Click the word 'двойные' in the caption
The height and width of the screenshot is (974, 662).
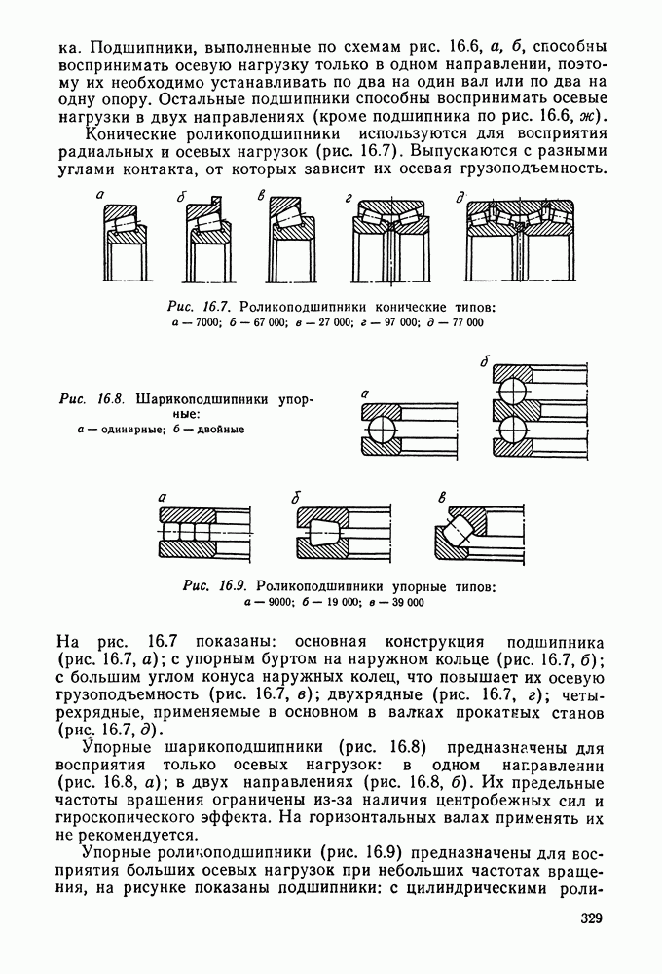click(220, 429)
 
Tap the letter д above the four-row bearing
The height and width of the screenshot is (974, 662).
click(460, 198)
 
